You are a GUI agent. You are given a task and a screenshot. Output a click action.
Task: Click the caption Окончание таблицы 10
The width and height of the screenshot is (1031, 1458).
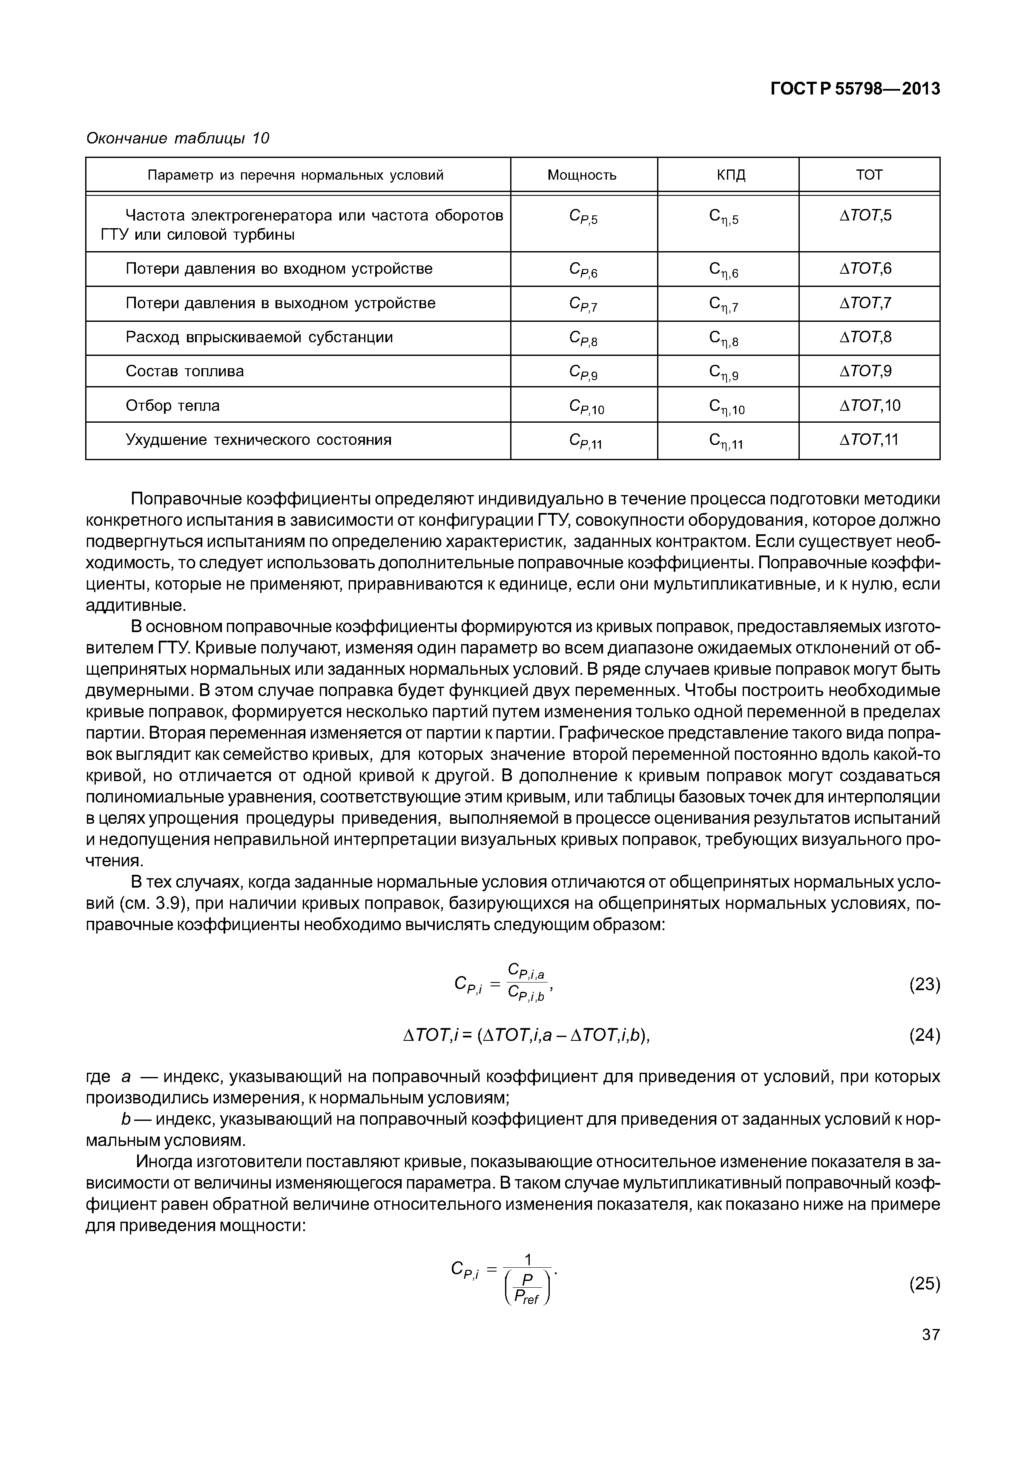tap(177, 138)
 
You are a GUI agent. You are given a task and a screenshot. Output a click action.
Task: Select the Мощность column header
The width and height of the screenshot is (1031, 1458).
tap(581, 175)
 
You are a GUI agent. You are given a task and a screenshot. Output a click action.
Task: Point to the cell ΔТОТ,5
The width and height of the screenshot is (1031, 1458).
tap(865, 216)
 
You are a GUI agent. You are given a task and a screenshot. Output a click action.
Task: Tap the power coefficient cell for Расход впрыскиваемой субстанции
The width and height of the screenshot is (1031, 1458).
tap(583, 339)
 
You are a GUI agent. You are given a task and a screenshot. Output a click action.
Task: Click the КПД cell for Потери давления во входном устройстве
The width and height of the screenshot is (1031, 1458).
tap(723, 270)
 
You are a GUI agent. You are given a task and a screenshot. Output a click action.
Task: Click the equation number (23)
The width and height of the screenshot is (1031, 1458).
tap(924, 984)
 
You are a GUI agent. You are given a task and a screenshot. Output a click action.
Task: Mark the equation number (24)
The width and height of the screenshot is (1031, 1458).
tap(924, 1035)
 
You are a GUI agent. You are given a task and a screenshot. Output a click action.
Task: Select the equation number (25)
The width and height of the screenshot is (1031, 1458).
tap(924, 1283)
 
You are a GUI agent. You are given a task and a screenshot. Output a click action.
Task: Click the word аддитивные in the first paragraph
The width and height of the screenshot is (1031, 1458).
tap(135, 605)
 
